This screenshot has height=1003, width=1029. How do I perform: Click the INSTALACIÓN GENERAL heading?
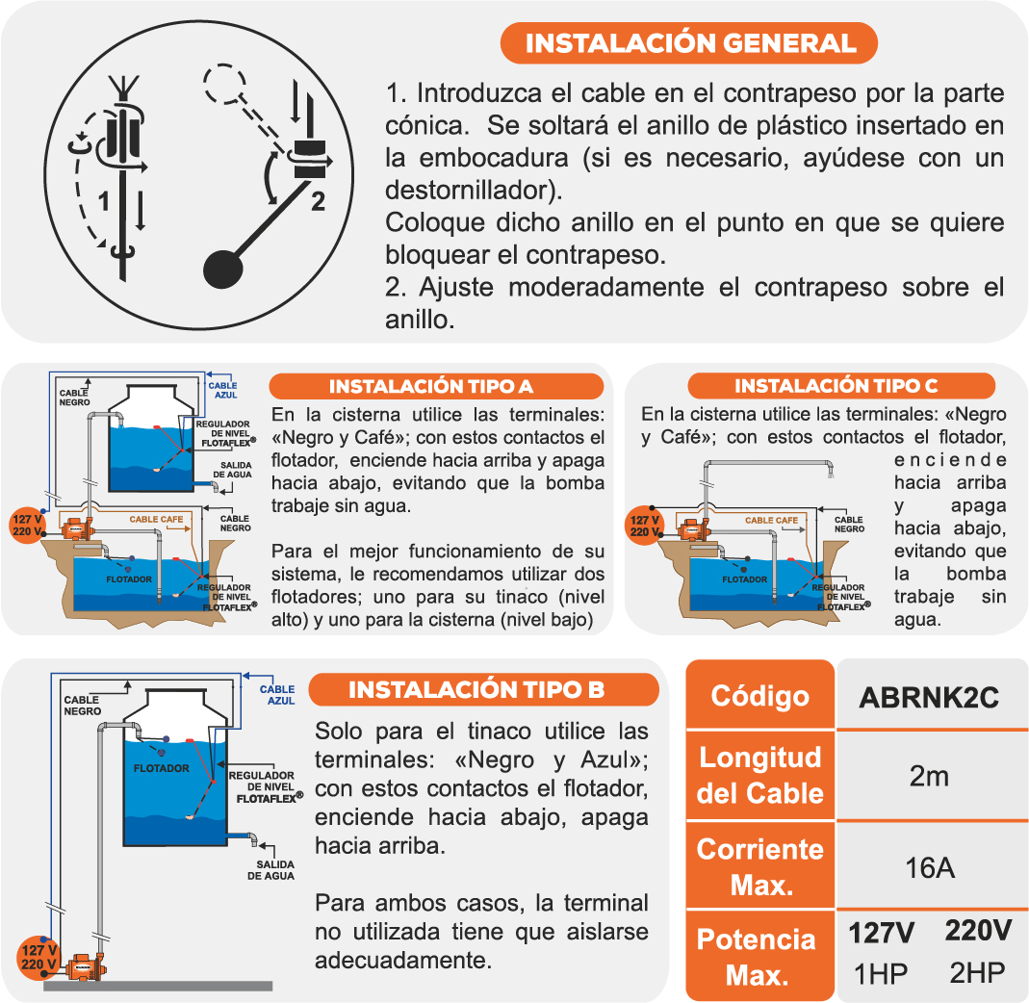coord(690,43)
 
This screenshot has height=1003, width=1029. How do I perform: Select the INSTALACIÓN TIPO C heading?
coord(836,386)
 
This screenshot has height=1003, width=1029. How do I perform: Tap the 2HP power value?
coord(977,973)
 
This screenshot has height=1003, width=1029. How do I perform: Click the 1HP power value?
coord(881,974)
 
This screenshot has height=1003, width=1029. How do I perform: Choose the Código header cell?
coord(759,696)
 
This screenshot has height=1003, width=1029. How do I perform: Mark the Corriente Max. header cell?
coord(759,866)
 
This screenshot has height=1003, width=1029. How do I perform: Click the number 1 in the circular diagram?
coord(105,202)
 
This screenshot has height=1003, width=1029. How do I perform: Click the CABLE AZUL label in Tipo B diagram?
coord(277,695)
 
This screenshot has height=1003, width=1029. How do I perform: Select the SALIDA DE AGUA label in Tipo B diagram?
coord(270,870)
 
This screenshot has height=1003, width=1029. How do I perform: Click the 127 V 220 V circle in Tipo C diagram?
coord(644,525)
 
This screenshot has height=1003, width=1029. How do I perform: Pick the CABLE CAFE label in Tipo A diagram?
coord(156,520)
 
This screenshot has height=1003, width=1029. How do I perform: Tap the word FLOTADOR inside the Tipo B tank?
coord(161,768)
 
